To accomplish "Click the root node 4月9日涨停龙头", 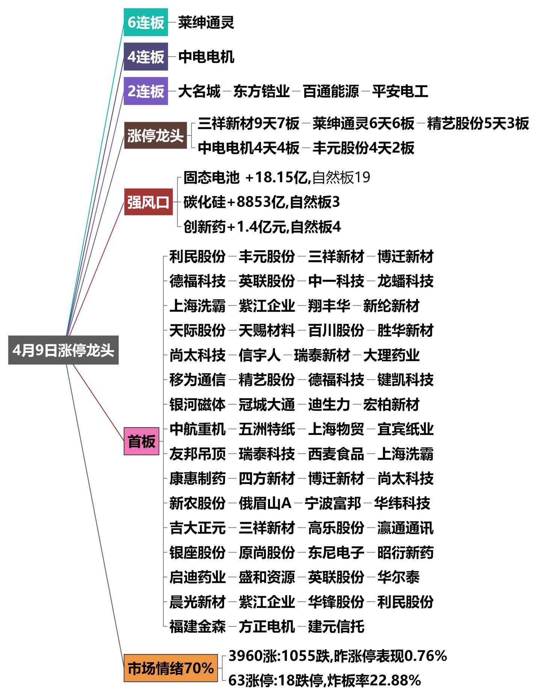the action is point(63,350).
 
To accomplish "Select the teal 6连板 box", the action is point(146,22).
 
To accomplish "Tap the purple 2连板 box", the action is point(146,91).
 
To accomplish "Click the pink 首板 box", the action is point(141,441).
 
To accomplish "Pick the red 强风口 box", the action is point(148,202).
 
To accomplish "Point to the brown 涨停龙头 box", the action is point(155,135).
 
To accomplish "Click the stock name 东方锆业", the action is point(261,91).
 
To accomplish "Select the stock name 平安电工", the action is point(400,91).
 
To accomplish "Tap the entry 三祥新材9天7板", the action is point(249,123).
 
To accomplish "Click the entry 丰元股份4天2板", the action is point(363,148).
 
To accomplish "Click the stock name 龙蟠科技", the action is point(405,281).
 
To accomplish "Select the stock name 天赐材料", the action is point(267,330).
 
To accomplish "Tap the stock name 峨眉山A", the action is point(265,503).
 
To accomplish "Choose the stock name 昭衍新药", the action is point(405,552).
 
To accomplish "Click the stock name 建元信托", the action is point(336,626).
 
